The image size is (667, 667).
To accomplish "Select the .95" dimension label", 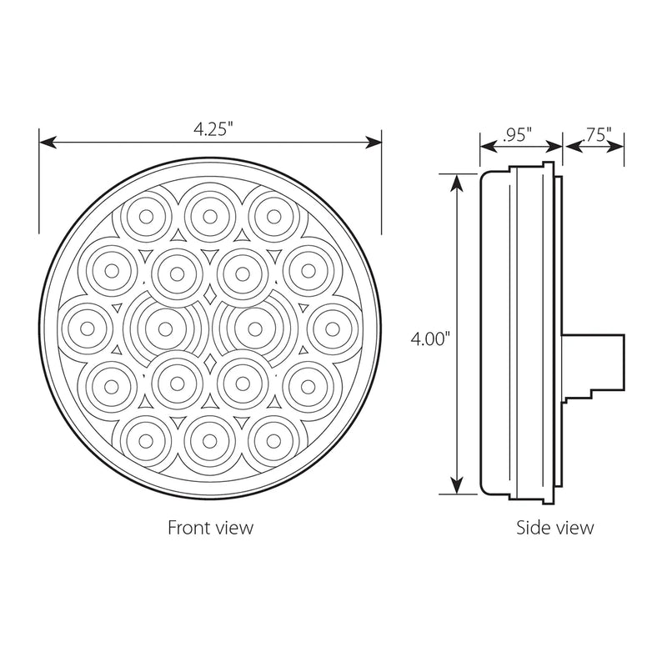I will [518, 135].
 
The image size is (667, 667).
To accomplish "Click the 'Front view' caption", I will [210, 528].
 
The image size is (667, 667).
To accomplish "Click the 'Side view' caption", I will [554, 528].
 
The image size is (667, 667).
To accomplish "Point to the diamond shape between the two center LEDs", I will [208, 296].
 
